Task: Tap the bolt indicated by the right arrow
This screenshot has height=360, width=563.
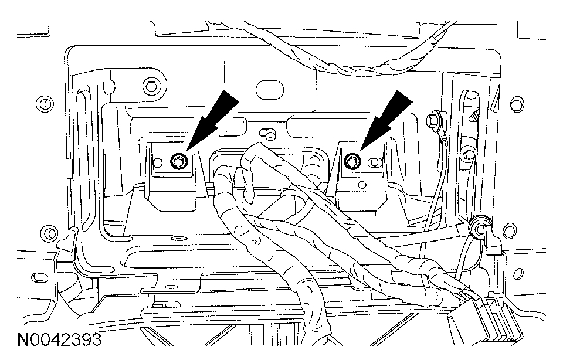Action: point(352,159)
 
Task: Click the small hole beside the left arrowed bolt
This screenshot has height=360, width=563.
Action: point(159,162)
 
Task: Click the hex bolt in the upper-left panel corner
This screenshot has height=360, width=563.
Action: point(152,86)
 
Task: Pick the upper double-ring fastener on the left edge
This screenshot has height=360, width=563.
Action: point(43,104)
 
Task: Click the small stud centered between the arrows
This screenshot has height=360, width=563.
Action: point(269,134)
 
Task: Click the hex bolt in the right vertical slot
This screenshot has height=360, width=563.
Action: point(467,154)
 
